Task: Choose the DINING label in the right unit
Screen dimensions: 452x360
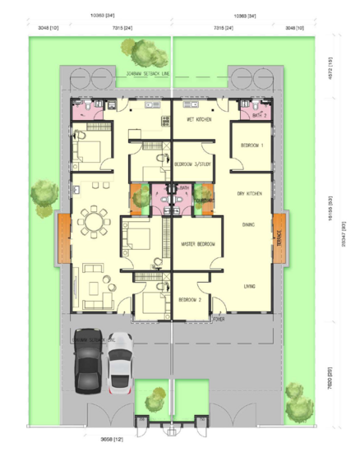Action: point(248,224)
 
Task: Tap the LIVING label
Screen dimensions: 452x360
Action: point(249,286)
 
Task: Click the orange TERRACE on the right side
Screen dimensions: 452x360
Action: point(279,238)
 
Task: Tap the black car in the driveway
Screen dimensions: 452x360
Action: point(87,359)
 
